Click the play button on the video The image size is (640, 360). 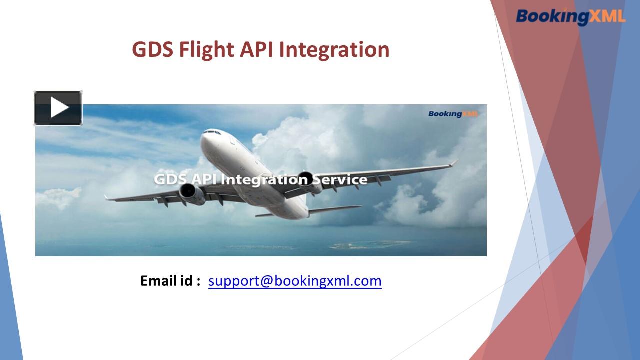coord(58,108)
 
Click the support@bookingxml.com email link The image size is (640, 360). coord(295,281)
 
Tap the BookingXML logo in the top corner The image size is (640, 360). coord(570,16)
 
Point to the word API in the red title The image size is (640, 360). coord(257,50)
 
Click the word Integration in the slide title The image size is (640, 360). coord(334,50)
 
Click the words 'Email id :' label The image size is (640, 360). coord(170,281)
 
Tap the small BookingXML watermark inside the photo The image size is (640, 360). coord(452,114)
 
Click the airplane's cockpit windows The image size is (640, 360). coord(212,132)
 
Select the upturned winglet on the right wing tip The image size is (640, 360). coord(453,163)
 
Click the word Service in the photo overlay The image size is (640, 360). coord(342,179)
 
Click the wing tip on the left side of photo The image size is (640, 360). coord(107,198)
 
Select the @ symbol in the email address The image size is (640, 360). coord(265,281)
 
